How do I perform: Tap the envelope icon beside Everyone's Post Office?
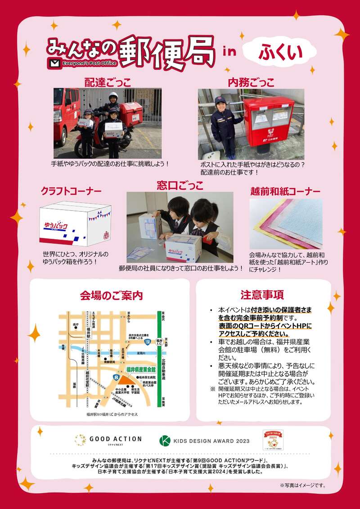pos(55,63)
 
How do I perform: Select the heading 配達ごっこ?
pos(108,82)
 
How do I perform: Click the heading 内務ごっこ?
pos(251,82)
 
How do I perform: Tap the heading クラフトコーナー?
pos(71,191)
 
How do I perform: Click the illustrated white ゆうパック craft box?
pos(75,224)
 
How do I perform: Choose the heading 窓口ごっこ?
pos(180,185)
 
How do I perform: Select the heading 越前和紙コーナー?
pos(285,191)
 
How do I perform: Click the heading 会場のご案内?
pos(111,295)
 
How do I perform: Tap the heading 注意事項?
pos(262,295)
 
